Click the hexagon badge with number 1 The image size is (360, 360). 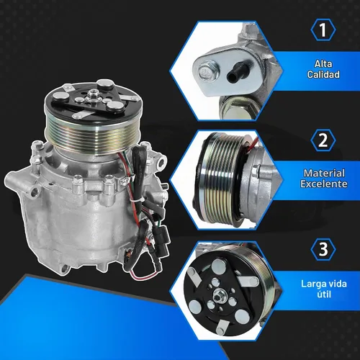click(x=323, y=30)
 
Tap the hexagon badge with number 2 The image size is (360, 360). click(x=323, y=140)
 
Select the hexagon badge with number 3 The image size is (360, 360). click(x=323, y=249)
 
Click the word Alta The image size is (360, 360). click(x=323, y=63)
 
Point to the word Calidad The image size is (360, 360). click(x=323, y=74)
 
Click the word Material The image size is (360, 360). click(x=324, y=173)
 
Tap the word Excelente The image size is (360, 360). click(x=324, y=184)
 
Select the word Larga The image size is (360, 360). click(x=312, y=284)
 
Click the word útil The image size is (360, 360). click(x=324, y=294)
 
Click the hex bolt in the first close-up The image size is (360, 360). click(x=207, y=71)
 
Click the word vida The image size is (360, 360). click(x=336, y=284)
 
